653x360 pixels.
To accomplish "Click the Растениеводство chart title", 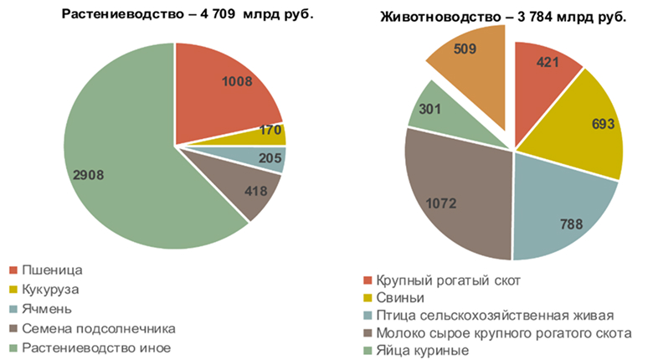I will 188,17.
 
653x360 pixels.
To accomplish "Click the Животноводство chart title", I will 502,17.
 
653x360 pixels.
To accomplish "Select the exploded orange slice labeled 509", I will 465,54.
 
